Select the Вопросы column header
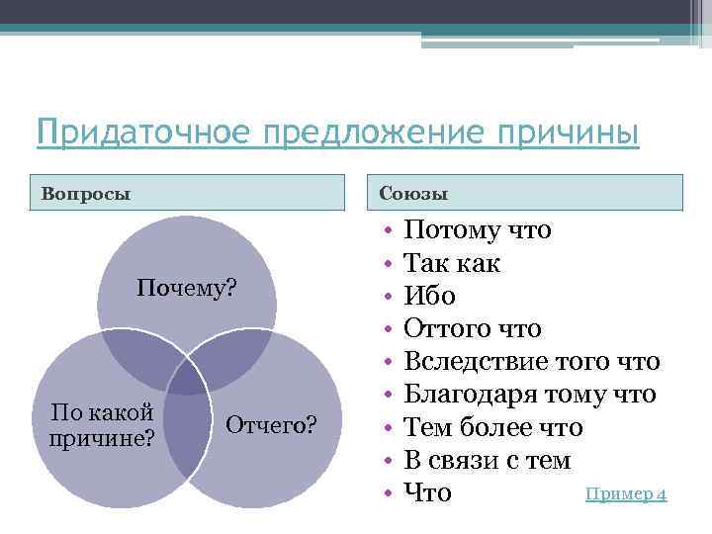(x=86, y=193)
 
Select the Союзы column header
(x=414, y=193)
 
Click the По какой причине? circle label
(x=101, y=424)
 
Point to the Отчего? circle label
(x=271, y=425)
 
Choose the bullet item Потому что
(x=479, y=231)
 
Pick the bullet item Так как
(x=453, y=264)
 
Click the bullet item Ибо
(x=430, y=297)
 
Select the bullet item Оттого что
(x=474, y=329)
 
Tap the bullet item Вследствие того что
(x=532, y=362)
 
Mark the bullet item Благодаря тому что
(x=530, y=395)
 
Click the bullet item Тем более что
(x=493, y=427)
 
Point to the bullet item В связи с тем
(x=488, y=460)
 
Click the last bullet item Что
(x=428, y=492)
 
